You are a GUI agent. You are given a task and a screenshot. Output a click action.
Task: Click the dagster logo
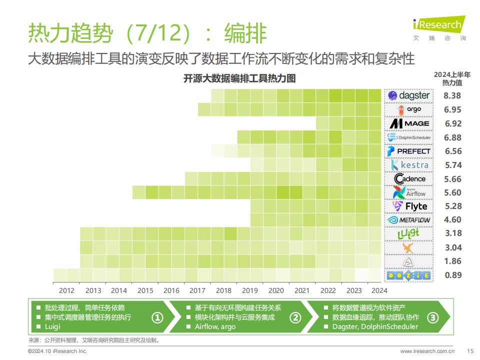coord(408,96)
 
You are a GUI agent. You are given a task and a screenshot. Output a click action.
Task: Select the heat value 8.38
coord(452,96)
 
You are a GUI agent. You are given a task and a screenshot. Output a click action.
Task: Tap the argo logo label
coord(409,110)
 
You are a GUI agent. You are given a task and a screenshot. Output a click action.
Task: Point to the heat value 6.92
coord(453,123)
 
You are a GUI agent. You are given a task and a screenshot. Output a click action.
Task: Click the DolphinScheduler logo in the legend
coord(408,137)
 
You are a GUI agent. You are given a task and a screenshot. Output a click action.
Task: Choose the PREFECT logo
coord(408,151)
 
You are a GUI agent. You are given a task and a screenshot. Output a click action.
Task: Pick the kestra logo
coord(409,165)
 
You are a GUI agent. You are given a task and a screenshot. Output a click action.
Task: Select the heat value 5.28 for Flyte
coord(453,206)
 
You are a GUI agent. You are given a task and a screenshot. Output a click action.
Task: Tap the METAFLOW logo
coord(408,220)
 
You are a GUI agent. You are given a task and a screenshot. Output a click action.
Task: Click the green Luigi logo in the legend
coord(408,234)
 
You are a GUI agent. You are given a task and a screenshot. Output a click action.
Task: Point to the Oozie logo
coord(408,275)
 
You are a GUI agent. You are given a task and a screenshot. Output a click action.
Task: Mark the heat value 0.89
coord(453,275)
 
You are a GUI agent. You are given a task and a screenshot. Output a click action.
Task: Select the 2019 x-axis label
coord(250,290)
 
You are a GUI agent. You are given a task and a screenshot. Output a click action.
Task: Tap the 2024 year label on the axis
coord(379,290)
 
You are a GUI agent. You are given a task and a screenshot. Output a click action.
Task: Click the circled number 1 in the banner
coord(157,318)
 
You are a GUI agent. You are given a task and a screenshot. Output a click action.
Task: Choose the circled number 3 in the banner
coord(432,318)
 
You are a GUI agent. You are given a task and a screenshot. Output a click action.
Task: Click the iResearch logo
coord(439,28)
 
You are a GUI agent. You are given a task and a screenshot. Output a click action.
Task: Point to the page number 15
coord(470,351)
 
